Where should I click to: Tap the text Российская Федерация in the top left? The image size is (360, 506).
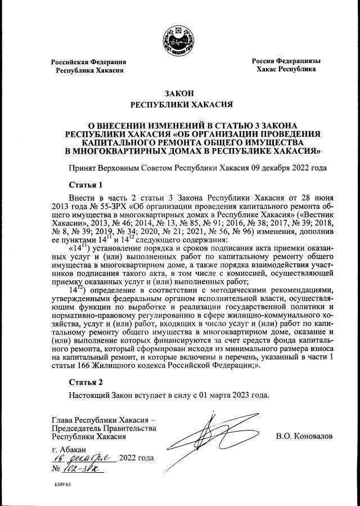[x=89, y=61]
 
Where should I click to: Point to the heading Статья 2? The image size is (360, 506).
[x=85, y=382]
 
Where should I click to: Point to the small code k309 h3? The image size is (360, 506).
[x=62, y=484]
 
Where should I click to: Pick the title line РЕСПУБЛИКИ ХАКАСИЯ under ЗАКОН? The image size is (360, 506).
[x=180, y=104]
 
